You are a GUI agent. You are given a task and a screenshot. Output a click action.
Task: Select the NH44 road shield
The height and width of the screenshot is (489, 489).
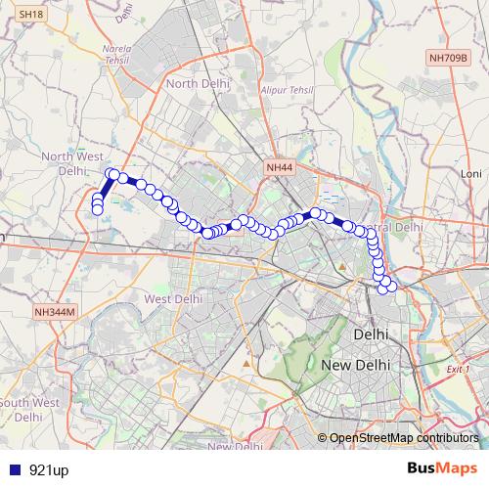tap(279, 168)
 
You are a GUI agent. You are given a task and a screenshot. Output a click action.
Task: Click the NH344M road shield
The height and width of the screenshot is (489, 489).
tap(54, 312)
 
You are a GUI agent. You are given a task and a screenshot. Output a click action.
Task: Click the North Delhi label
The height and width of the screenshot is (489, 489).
tap(198, 84)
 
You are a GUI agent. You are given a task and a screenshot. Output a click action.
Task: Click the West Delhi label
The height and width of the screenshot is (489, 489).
tap(172, 298)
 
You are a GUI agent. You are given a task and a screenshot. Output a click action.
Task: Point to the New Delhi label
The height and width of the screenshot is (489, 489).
tap(356, 364)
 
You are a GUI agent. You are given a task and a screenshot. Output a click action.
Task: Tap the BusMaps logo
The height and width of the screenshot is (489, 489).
tap(442, 468)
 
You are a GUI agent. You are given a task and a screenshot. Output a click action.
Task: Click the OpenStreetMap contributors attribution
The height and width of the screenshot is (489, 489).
tap(405, 438)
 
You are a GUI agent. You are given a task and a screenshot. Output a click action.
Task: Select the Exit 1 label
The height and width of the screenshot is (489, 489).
tap(457, 370)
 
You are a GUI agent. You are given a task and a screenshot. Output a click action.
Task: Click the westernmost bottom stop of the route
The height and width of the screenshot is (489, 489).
tap(98, 208)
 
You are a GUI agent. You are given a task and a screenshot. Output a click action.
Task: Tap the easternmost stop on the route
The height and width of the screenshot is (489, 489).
tap(392, 285)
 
